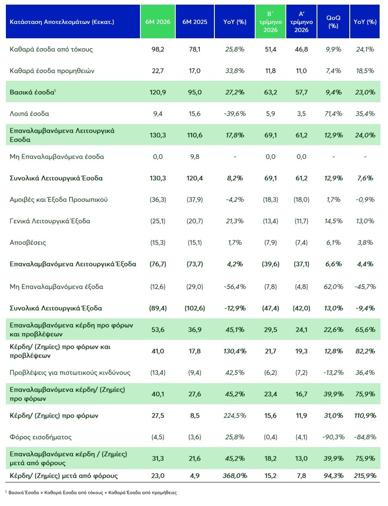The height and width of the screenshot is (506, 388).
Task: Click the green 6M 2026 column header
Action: (158, 21)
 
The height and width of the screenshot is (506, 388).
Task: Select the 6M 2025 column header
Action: (195, 21)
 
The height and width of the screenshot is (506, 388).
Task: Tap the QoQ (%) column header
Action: (333, 21)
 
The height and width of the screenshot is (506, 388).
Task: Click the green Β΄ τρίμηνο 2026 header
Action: (270, 21)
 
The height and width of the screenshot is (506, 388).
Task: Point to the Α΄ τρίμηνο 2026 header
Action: (301, 21)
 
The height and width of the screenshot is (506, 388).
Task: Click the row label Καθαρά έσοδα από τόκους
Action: (51, 49)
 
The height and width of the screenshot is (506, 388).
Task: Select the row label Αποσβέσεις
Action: (28, 243)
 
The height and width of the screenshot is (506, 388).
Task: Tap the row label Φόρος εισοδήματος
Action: (40, 437)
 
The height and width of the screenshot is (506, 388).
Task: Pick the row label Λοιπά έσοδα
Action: (29, 114)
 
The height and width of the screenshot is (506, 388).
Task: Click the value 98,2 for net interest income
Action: (158, 49)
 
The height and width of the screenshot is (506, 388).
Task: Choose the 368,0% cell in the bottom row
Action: (235, 476)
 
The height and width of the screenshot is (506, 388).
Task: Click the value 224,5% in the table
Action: (235, 416)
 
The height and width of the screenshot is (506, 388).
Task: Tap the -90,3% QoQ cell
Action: (333, 437)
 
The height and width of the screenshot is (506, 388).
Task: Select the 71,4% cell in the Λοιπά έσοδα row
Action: (333, 114)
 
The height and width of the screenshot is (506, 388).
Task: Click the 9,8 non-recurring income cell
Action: (195, 157)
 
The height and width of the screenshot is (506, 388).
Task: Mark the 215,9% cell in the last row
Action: (365, 476)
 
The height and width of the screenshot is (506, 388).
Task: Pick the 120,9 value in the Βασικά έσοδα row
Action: (158, 92)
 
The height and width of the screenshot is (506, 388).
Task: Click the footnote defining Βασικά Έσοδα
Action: (91, 493)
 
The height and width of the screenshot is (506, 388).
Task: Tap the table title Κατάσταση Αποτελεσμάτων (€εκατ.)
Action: (62, 22)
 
